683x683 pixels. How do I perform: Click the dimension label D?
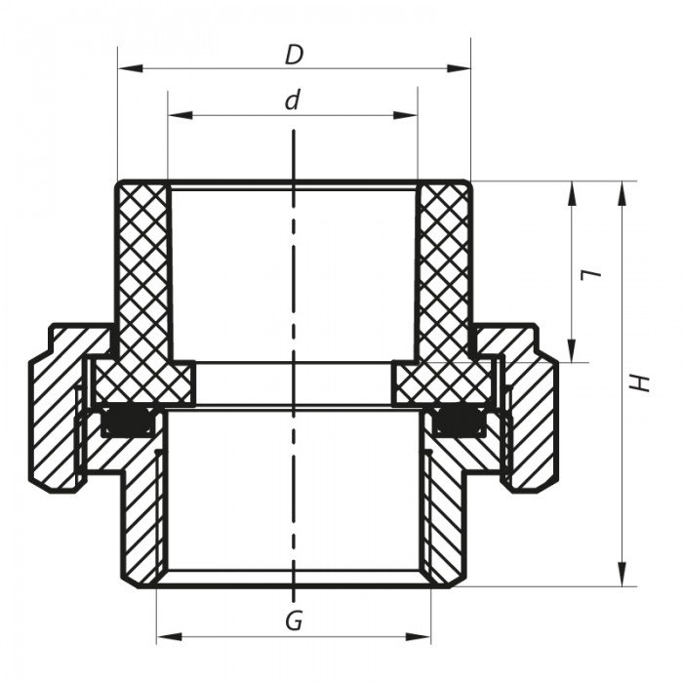pyautogui.click(x=294, y=56)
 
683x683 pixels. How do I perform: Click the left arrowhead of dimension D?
pyautogui.click(x=125, y=68)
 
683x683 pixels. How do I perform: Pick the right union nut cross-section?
pyautogui.click(x=532, y=410)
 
